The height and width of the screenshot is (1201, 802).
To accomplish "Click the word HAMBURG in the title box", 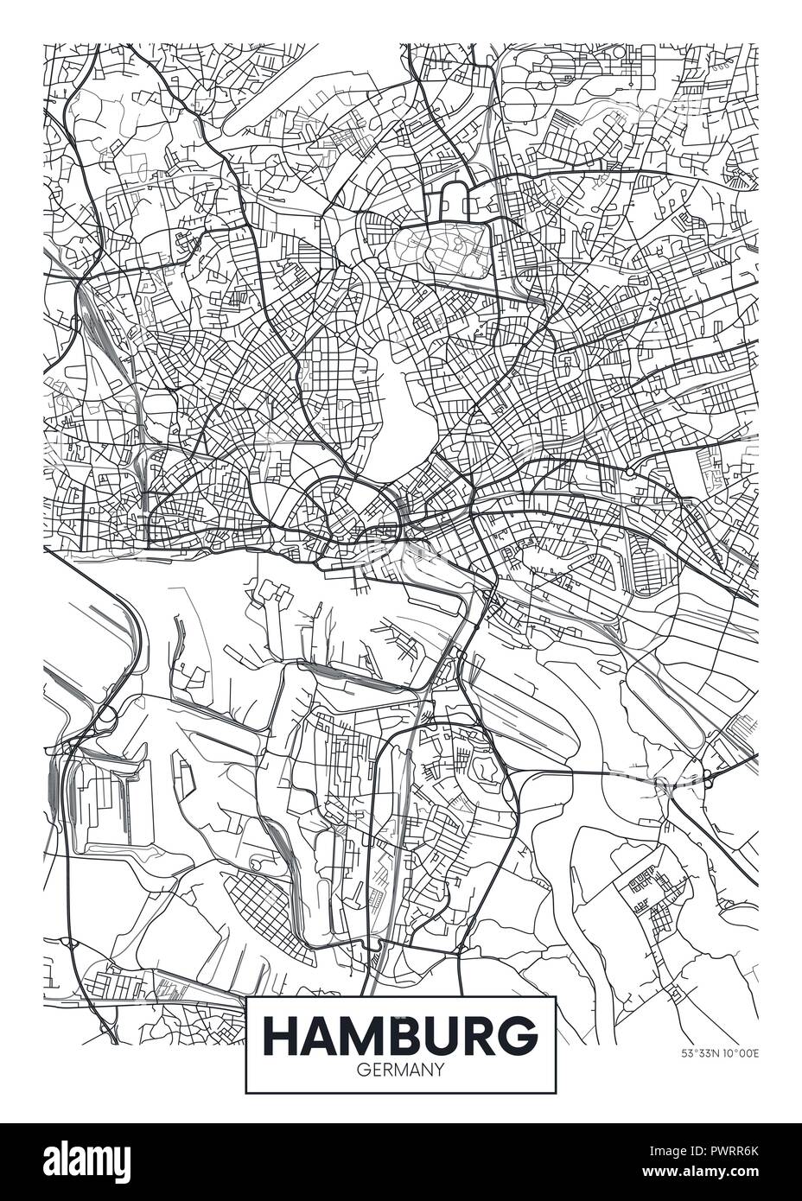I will pos(399,1034).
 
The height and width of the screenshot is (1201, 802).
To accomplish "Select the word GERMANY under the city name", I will pos(399,1069).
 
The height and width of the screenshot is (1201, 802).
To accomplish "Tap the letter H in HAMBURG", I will pos(278,1034).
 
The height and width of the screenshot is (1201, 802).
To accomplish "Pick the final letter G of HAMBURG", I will pos(519,1034).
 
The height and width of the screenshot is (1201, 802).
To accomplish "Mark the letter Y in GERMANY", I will pos(438,1069).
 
